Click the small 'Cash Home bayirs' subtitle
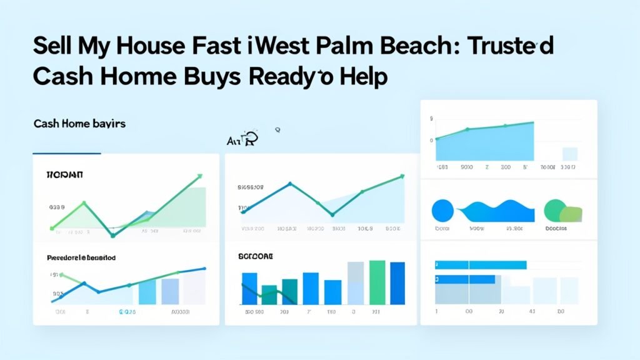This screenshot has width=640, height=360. coord(79,124)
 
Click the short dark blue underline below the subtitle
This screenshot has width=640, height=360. coord(66,153)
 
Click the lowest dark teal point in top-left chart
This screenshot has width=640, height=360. coord(112,235)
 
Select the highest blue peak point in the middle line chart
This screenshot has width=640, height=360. coord(290,184)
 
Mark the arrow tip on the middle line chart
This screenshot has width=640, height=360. coord(402,177)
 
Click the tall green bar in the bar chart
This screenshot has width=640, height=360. coord(377,282)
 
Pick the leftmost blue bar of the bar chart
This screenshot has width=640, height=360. coord(249,288)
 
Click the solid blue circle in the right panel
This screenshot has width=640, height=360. coord(443,210)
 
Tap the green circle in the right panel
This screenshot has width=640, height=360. coord(556,211)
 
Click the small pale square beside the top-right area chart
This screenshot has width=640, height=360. coord(569,154)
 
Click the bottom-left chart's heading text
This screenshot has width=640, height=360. coord(81,257)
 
